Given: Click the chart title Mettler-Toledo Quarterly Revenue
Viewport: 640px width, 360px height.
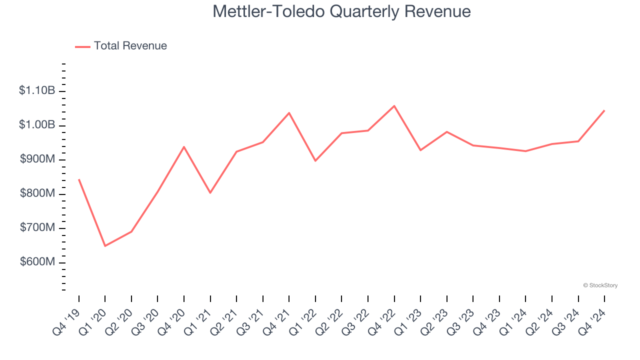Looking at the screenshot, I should pyautogui.click(x=341, y=11).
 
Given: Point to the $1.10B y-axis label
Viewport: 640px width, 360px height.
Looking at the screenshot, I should pyautogui.click(x=37, y=90).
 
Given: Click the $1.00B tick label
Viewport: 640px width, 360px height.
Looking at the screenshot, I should pyautogui.click(x=37, y=125).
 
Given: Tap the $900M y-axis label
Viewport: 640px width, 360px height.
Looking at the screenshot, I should pyautogui.click(x=37, y=159).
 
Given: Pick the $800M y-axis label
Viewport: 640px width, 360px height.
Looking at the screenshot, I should pyautogui.click(x=37, y=193).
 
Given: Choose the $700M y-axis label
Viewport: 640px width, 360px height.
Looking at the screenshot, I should pyautogui.click(x=37, y=228).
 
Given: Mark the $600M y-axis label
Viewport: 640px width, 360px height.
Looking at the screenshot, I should pyautogui.click(x=37, y=262).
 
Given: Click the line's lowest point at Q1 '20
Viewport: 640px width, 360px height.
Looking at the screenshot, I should pyautogui.click(x=105, y=246).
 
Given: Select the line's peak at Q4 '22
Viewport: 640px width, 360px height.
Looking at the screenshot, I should pyautogui.click(x=394, y=106).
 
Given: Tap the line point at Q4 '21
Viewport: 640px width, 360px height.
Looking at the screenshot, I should pyautogui.click(x=289, y=113).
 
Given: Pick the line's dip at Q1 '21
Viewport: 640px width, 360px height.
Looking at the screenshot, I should pyautogui.click(x=210, y=192).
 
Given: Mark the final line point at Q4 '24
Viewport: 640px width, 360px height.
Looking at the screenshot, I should pyautogui.click(x=604, y=110).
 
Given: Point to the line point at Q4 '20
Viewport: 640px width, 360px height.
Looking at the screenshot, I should pyautogui.click(x=184, y=147).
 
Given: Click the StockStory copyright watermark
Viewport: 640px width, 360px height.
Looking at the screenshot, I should pyautogui.click(x=600, y=285).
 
